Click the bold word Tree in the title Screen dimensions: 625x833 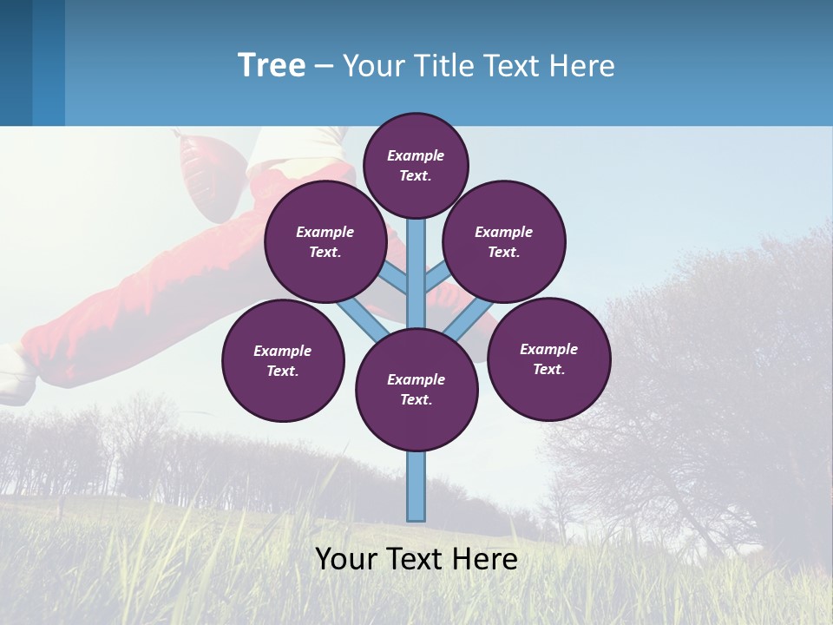[x=272, y=66]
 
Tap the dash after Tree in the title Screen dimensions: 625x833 [x=324, y=67]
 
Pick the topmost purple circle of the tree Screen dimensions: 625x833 [x=416, y=165]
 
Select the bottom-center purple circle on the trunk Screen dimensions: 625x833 [x=416, y=389]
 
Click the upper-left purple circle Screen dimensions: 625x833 [x=325, y=241]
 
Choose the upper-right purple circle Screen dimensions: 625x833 [x=504, y=241]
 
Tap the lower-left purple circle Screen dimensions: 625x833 [x=283, y=360]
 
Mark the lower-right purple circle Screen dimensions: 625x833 [x=548, y=359]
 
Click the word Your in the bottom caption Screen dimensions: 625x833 [x=345, y=559]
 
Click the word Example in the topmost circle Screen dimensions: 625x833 [x=416, y=156]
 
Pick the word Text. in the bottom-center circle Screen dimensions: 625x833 [x=416, y=400]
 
